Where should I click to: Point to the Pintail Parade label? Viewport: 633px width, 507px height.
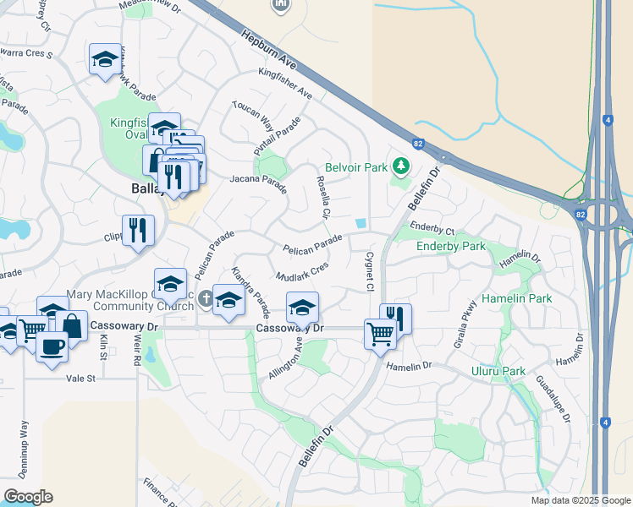[x=278, y=135]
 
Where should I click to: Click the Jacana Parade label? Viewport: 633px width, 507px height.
[x=258, y=180]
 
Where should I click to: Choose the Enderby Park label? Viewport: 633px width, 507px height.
[x=451, y=246]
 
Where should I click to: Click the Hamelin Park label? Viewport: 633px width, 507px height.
[x=516, y=298]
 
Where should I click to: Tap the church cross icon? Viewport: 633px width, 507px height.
[x=206, y=299]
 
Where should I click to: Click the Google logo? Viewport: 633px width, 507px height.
[x=28, y=497]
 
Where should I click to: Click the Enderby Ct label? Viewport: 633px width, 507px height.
[x=432, y=230]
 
